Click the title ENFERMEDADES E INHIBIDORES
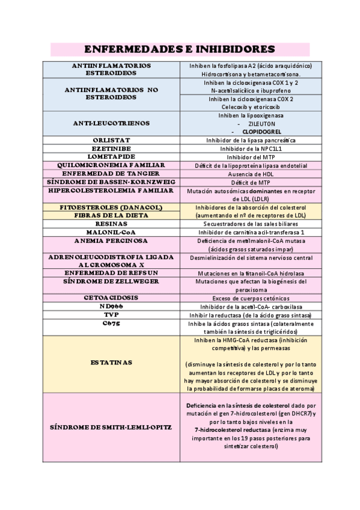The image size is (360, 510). [180, 49]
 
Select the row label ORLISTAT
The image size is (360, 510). [111, 140]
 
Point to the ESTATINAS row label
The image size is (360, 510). [111, 363]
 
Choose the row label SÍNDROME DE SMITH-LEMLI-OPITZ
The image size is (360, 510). [111, 426]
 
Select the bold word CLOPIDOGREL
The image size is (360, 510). [261, 131]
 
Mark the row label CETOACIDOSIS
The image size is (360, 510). [111, 297]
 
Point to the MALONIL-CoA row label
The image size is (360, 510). [111, 232]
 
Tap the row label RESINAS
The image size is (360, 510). [111, 223]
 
